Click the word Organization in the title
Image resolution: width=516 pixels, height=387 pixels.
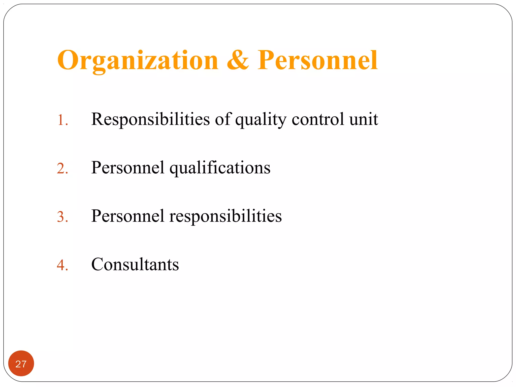138,60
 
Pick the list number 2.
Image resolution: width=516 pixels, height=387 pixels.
62,168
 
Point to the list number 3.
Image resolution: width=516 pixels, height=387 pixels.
62,217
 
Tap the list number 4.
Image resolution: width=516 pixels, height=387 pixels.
62,265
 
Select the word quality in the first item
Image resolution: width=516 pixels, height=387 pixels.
261,119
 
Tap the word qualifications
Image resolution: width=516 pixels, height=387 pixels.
220,168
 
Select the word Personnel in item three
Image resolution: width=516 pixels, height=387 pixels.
128,216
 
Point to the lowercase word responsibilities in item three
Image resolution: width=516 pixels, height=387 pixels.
225,216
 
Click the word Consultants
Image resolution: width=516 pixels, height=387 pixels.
135,264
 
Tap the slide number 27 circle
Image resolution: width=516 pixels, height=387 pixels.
21,363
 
